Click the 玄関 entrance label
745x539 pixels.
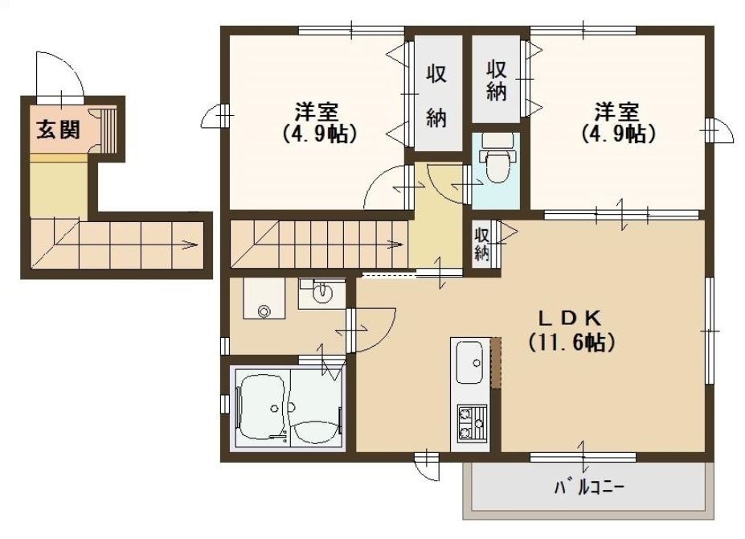pos(59,130)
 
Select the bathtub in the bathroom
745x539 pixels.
pos(263,408)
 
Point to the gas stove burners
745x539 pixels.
pos(472,422)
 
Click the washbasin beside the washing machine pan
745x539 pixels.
pos(321,294)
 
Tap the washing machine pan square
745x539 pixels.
pos(264,298)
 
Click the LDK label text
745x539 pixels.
pos(571,318)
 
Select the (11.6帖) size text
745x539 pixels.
pos(571,342)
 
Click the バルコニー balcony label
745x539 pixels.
pos(589,488)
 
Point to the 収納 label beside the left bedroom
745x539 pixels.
pos(436,97)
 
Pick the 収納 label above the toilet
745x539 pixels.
pos(496,80)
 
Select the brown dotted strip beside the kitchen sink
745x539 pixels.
pos(496,363)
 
